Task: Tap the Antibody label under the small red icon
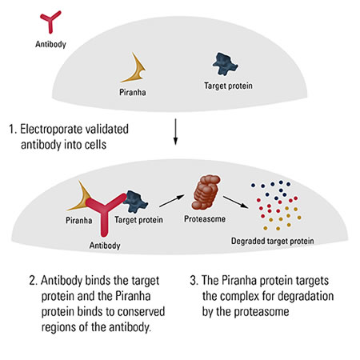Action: point(50,44)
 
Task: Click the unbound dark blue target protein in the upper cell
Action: point(225,64)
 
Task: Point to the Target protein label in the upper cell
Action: point(228,86)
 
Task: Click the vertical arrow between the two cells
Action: point(175,132)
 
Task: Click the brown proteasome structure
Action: point(206,191)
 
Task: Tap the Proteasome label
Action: point(205,219)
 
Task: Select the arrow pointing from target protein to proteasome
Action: point(172,201)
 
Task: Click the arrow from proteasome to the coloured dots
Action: point(235,202)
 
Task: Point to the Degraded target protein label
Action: point(272,241)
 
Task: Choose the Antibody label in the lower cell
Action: point(105,246)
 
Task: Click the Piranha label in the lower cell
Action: point(79,221)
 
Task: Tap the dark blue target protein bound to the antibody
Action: point(135,202)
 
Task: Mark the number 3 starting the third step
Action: point(193,281)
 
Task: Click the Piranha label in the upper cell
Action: point(133,92)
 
